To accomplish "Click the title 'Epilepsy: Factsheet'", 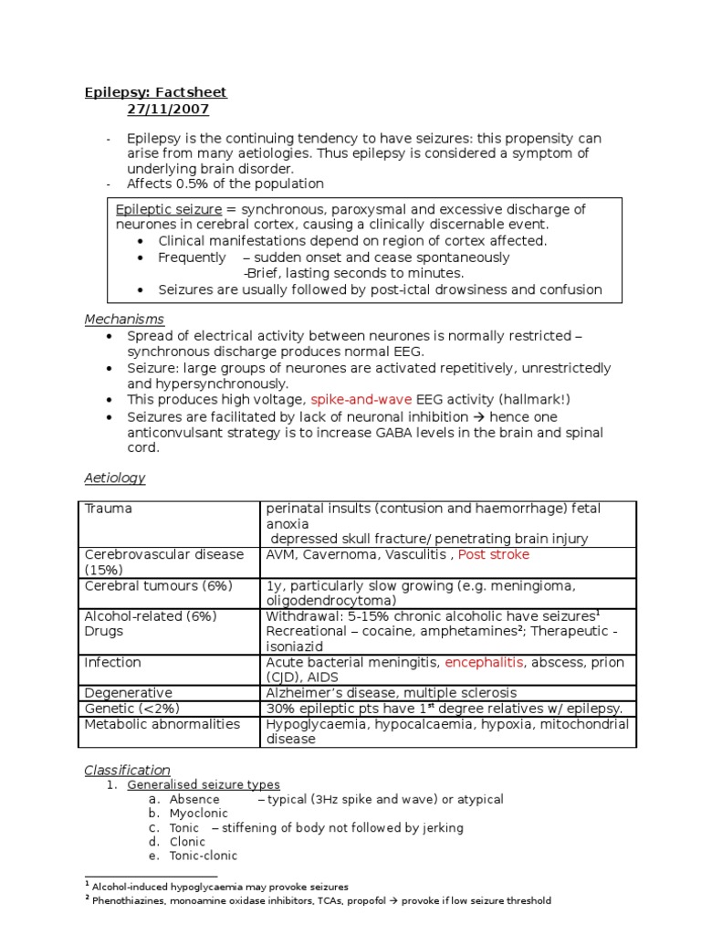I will click(155, 92).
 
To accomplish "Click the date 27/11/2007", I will click(168, 110).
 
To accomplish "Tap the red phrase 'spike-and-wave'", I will click(361, 400).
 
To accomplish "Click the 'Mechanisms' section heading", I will click(124, 320).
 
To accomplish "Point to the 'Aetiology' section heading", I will click(115, 478).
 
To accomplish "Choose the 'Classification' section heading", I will click(127, 770).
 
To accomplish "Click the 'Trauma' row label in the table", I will click(108, 509).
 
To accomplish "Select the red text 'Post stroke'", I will click(493, 554).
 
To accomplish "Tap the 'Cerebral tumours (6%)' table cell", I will click(158, 585).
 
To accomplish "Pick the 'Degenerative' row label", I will click(128, 693).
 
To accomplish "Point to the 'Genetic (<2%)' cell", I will click(131, 709).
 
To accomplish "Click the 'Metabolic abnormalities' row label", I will click(162, 724).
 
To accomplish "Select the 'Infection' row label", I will click(112, 662).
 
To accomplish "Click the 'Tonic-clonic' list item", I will click(203, 856).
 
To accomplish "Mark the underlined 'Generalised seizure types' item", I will click(204, 784).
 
